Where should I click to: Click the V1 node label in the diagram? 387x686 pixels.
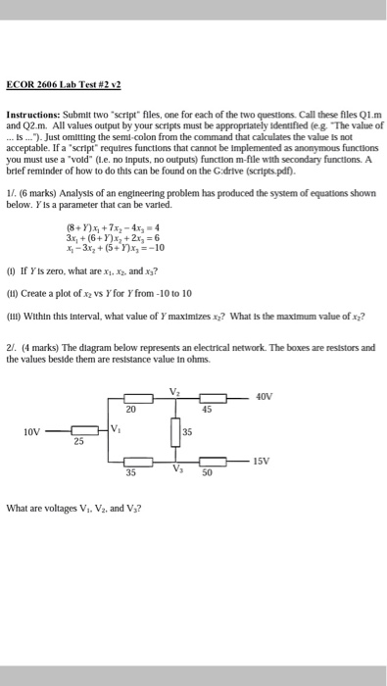119,427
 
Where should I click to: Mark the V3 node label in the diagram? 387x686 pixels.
176,467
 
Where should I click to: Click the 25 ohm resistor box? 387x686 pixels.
83,429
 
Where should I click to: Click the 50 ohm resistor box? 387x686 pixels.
206,461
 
